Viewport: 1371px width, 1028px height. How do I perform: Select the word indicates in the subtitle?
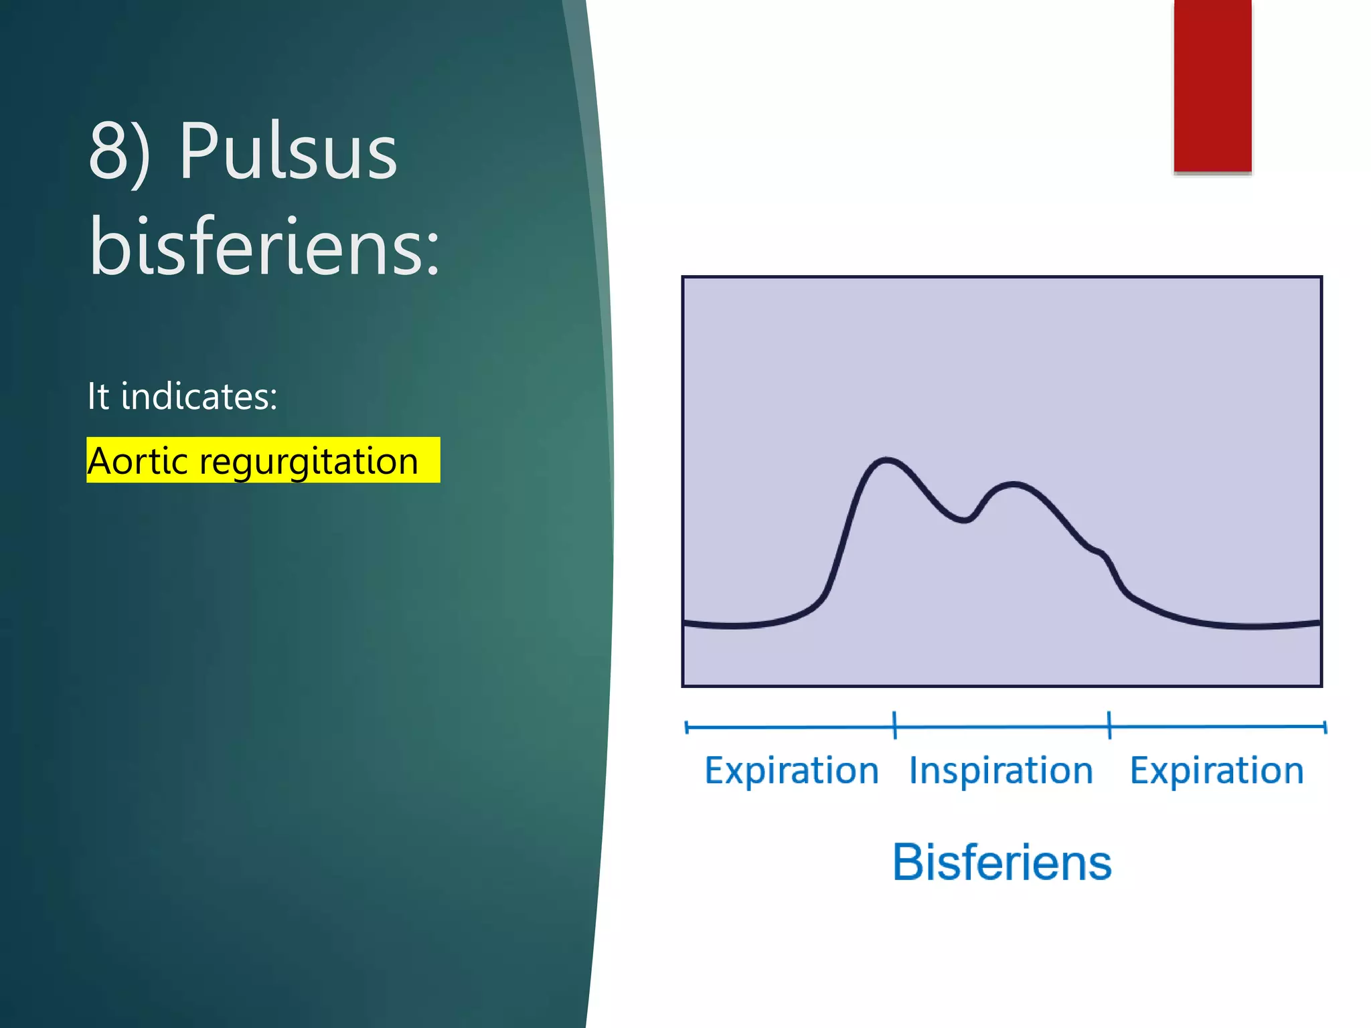(199, 396)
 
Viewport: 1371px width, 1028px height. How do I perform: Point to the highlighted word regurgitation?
(309, 461)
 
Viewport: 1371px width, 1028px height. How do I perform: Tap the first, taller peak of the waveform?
(887, 460)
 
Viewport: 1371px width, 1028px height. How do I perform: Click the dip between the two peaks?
(964, 519)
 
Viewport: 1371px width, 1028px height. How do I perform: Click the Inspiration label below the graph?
(1001, 770)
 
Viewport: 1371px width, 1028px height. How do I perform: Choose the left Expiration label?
(791, 770)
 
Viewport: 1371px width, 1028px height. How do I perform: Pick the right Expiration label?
(1216, 770)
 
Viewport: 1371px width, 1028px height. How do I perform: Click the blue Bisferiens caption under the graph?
(1002, 862)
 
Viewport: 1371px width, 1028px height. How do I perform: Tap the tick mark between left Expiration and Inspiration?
(895, 725)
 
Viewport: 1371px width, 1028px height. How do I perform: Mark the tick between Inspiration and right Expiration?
(1109, 725)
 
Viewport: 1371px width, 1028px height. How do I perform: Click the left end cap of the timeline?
(687, 727)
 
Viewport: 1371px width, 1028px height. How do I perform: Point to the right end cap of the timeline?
(1325, 727)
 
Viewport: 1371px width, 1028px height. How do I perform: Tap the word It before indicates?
(98, 396)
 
